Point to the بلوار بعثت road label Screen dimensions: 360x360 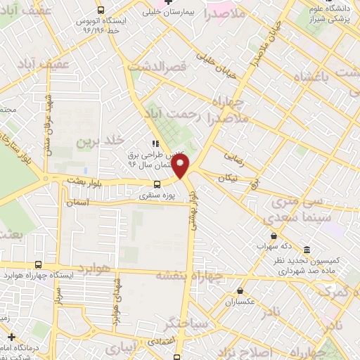tap(84, 181)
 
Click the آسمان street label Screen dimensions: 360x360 tap(79, 202)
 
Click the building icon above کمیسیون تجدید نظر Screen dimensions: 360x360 tap(308, 250)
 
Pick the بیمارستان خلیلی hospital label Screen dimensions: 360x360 tap(181, 12)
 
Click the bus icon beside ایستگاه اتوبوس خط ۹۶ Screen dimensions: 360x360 tap(101, 11)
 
